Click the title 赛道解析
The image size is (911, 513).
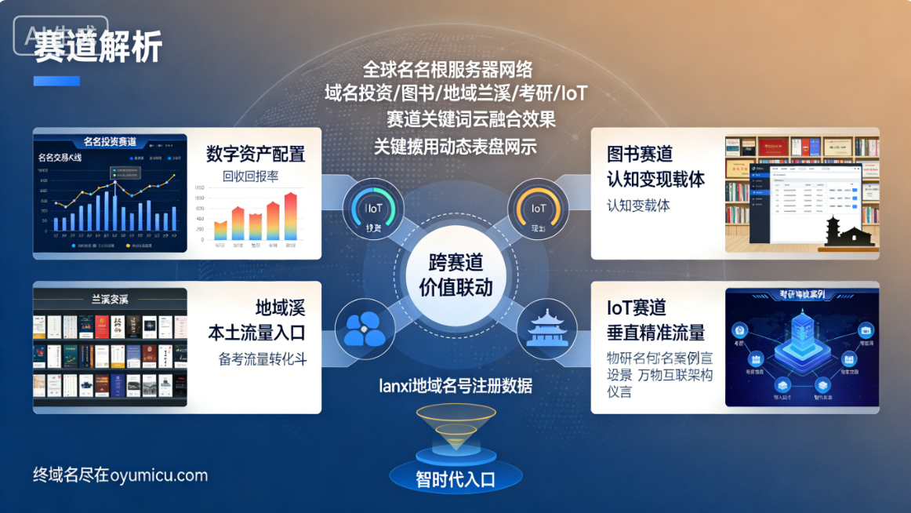pyautogui.click(x=98, y=48)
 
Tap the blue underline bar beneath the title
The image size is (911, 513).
pyautogui.click(x=56, y=81)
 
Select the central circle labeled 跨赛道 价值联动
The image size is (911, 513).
pyautogui.click(x=455, y=274)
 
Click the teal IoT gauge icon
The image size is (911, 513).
pyautogui.click(x=373, y=211)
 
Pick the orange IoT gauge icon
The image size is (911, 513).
pyautogui.click(x=538, y=210)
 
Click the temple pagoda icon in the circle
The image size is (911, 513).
pyautogui.click(x=547, y=327)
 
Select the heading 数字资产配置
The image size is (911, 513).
pyautogui.click(x=256, y=154)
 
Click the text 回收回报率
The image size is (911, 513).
pyautogui.click(x=250, y=176)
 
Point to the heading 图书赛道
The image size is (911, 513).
pyautogui.click(x=640, y=154)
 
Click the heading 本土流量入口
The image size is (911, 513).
pyautogui.click(x=256, y=333)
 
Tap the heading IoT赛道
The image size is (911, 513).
pyautogui.click(x=636, y=307)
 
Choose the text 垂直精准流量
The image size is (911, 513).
pyautogui.click(x=655, y=333)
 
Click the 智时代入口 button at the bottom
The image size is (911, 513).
pyautogui.click(x=455, y=478)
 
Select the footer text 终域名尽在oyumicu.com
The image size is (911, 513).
pyautogui.click(x=120, y=475)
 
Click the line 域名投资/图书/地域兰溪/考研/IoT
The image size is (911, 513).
pyautogui.click(x=455, y=93)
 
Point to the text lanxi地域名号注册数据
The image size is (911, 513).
pyautogui.click(x=455, y=386)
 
